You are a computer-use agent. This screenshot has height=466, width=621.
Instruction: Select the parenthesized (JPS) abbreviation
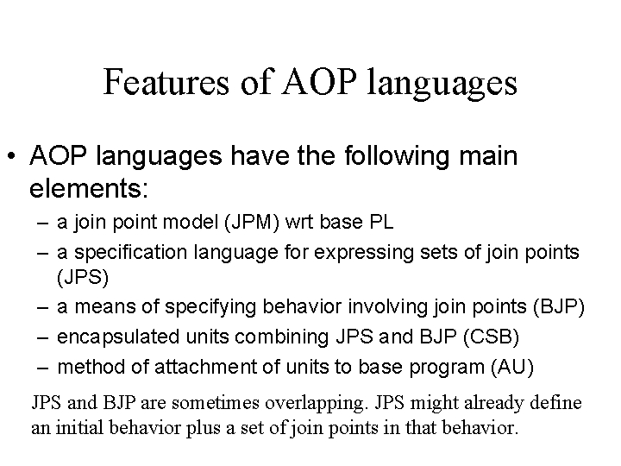point(78,278)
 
